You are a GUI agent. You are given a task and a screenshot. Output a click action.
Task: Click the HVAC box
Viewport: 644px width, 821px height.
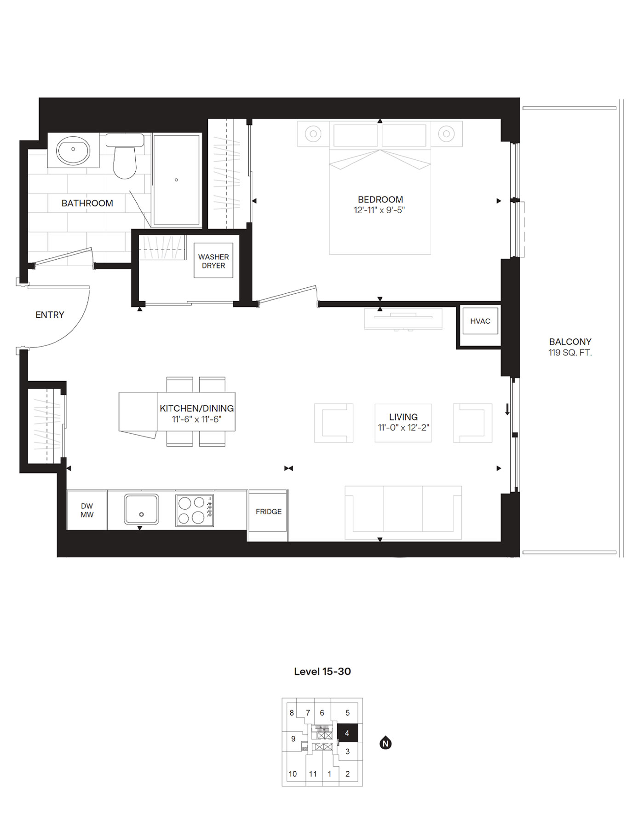pyautogui.click(x=480, y=321)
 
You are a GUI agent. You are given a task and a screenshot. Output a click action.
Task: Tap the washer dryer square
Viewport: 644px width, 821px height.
pyautogui.click(x=213, y=261)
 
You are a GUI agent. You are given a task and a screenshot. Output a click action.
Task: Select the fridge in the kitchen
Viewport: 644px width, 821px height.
pyautogui.click(x=268, y=512)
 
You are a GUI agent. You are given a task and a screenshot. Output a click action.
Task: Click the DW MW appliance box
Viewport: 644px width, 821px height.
pyautogui.click(x=87, y=511)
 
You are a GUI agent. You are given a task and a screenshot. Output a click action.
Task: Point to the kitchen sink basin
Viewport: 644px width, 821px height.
pyautogui.click(x=141, y=510)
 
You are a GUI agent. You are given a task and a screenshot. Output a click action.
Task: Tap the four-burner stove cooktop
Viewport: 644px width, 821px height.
pyautogui.click(x=194, y=511)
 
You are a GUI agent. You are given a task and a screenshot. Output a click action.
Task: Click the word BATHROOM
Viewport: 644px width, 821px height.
pyautogui.click(x=87, y=203)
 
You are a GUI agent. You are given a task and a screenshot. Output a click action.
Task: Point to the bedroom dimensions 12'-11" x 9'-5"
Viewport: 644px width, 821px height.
pyautogui.click(x=379, y=210)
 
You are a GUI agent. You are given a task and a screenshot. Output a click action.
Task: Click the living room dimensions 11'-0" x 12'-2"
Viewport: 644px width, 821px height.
pyautogui.click(x=403, y=428)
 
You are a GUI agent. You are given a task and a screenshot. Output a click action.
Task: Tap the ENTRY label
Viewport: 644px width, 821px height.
pyautogui.click(x=50, y=315)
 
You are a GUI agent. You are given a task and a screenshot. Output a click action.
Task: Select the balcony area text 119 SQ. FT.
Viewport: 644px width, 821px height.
pyautogui.click(x=569, y=353)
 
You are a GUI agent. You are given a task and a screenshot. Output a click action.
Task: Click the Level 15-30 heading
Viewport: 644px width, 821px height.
pyautogui.click(x=322, y=671)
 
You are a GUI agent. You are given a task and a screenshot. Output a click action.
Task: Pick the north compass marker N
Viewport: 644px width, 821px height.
pyautogui.click(x=385, y=743)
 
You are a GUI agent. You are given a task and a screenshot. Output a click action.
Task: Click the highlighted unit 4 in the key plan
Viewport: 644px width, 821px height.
pyautogui.click(x=347, y=733)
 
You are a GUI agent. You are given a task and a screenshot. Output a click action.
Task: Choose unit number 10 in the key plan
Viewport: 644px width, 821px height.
pyautogui.click(x=293, y=774)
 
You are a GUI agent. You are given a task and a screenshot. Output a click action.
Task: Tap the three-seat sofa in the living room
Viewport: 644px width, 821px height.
pyautogui.click(x=403, y=512)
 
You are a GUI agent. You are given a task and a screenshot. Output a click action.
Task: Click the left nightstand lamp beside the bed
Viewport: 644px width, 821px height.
pyautogui.click(x=313, y=134)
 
